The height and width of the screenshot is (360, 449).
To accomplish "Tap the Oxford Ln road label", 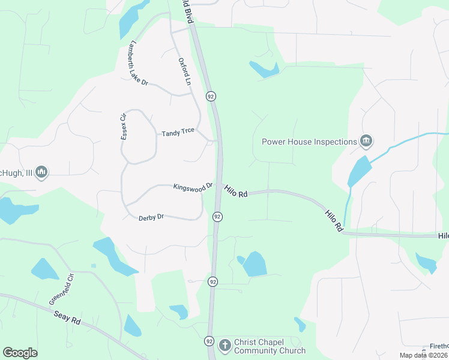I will click(x=184, y=70).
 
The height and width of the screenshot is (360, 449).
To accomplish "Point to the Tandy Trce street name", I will click(x=178, y=132).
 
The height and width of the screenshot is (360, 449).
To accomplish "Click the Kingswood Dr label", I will click(x=193, y=187).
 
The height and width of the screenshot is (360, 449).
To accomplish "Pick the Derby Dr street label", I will click(x=151, y=217).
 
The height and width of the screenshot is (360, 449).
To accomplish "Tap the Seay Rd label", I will click(x=67, y=317).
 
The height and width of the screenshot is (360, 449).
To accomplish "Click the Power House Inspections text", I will click(x=310, y=142).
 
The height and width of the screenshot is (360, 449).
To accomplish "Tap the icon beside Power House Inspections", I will click(x=366, y=142).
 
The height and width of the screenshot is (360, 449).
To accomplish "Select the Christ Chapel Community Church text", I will click(x=270, y=346).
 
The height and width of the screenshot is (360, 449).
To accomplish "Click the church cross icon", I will click(x=224, y=346).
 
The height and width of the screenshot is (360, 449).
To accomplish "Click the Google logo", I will click(x=20, y=353).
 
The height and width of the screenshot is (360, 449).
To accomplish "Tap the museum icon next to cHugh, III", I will click(x=41, y=173).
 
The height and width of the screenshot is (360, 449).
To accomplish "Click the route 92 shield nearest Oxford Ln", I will click(x=211, y=96).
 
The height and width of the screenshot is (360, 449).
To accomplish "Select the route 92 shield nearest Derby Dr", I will click(x=217, y=216).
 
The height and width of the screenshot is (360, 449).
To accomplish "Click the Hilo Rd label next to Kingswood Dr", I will click(x=237, y=191).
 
